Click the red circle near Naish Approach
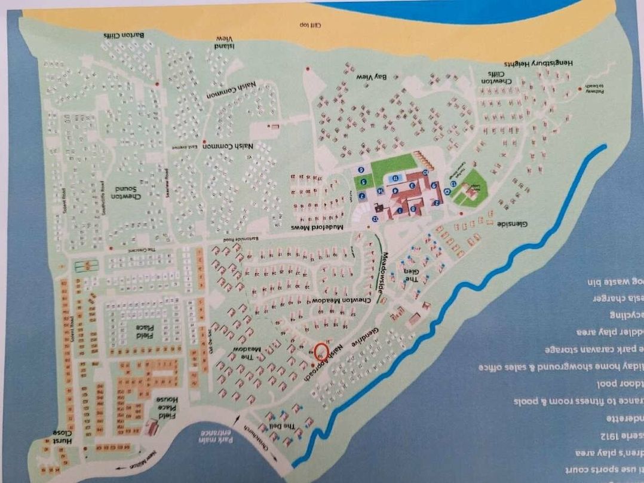321,350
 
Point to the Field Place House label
164,406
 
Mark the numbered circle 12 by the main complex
375,219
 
